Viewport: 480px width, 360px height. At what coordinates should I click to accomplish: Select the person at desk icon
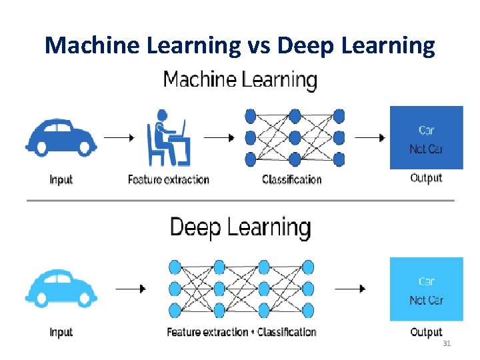coord(168,141)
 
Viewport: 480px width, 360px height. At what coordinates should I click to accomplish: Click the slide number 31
coord(446,343)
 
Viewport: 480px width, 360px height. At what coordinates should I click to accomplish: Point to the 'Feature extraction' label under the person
coord(169,179)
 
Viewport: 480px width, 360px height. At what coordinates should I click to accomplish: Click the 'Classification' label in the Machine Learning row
coord(292,179)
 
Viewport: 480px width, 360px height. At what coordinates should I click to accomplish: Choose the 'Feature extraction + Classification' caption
coord(241,332)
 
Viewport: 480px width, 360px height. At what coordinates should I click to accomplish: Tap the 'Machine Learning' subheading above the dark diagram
coord(240,81)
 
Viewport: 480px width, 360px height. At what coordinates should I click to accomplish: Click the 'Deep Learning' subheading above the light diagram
coord(240,227)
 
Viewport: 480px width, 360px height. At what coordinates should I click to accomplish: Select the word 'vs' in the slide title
coord(258,45)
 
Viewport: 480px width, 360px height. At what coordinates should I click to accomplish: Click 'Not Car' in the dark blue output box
coord(426,149)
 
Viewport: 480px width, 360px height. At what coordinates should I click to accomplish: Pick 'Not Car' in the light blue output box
coord(426,301)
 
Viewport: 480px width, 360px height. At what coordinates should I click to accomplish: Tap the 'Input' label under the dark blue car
coord(61,179)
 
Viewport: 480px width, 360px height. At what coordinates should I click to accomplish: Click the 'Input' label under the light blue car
coord(61,332)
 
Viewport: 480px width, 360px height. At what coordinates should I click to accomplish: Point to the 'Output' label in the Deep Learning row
coord(426,332)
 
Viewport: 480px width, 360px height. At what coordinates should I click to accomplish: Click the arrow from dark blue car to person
coord(119,138)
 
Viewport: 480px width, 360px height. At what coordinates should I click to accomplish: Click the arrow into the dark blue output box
coord(370,138)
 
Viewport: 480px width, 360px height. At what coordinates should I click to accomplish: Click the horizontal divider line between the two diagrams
coord(240,200)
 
